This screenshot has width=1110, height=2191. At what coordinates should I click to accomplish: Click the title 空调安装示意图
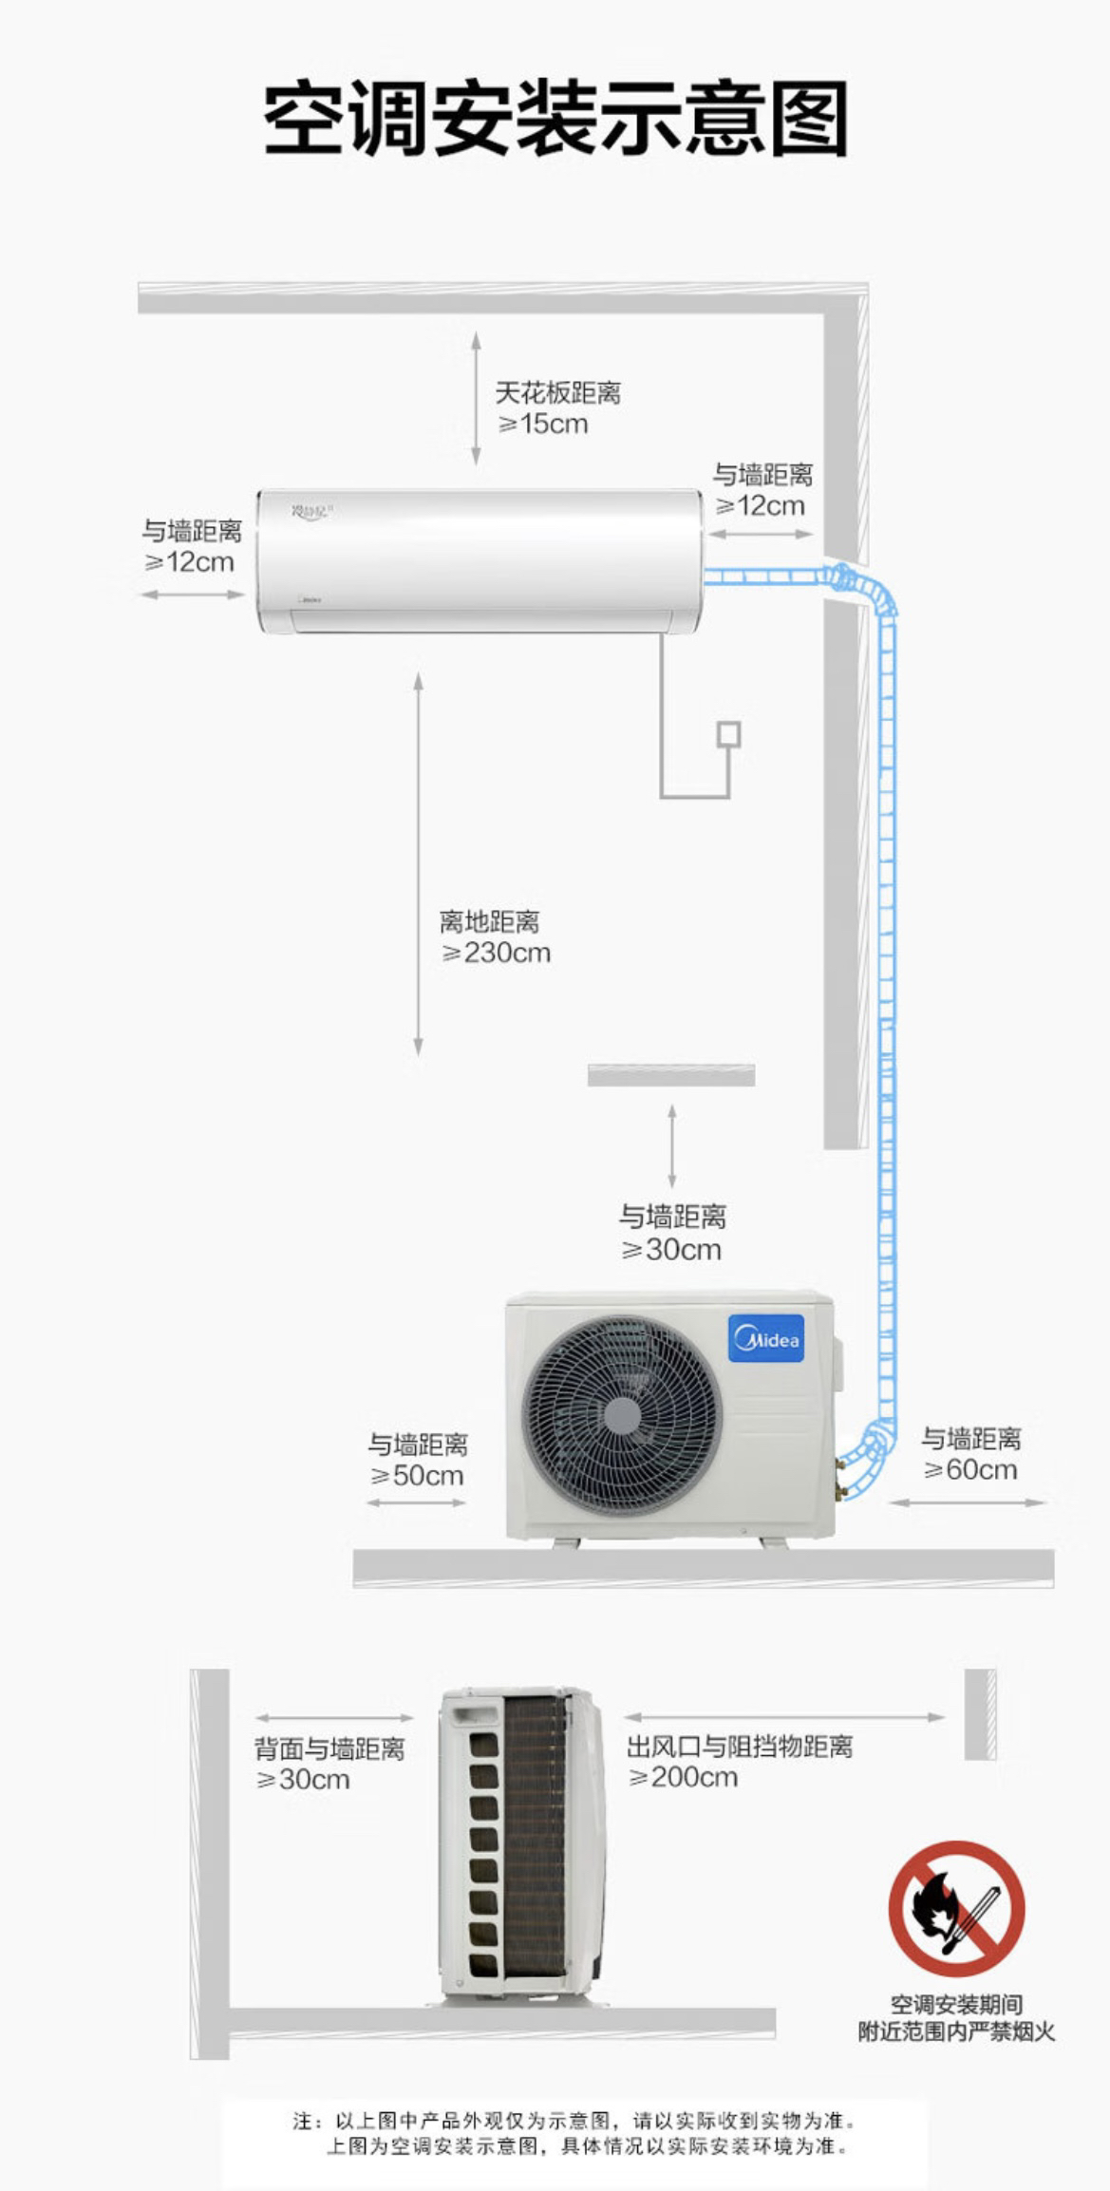pos(555,119)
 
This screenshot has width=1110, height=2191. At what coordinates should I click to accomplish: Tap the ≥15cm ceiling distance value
pos(543,424)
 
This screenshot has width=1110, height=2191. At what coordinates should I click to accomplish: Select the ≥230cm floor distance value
pos(496,953)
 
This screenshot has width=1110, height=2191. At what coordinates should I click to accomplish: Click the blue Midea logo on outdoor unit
pos(766,1338)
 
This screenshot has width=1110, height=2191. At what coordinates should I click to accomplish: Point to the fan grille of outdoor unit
pos(622,1414)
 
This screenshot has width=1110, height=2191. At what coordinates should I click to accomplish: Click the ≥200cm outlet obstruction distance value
pos(683,1777)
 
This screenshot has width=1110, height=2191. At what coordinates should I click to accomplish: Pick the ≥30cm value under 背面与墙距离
pos(303,1779)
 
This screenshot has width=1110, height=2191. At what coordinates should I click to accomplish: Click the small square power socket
pos(728,734)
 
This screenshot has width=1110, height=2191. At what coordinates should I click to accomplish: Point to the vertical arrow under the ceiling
pos(476,399)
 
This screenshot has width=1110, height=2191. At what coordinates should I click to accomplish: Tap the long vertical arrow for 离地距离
pos(418,863)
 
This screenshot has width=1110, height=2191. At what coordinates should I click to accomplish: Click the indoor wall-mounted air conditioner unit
pos(480,560)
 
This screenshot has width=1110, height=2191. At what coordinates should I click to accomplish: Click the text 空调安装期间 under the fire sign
pos(956,2004)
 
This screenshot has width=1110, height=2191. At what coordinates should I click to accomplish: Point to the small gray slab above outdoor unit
pos(671,1074)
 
